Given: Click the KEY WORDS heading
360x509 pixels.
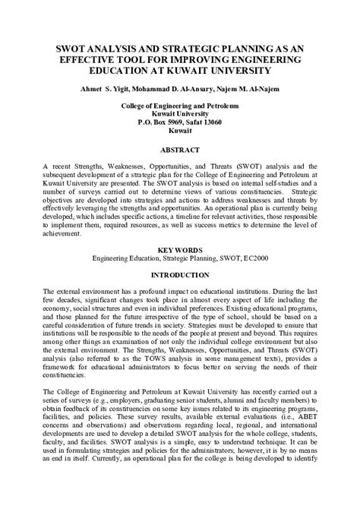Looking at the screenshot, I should (x=180, y=250).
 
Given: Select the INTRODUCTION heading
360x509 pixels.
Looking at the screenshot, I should (x=180, y=274).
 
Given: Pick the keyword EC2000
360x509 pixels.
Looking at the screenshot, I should (x=254, y=258).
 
